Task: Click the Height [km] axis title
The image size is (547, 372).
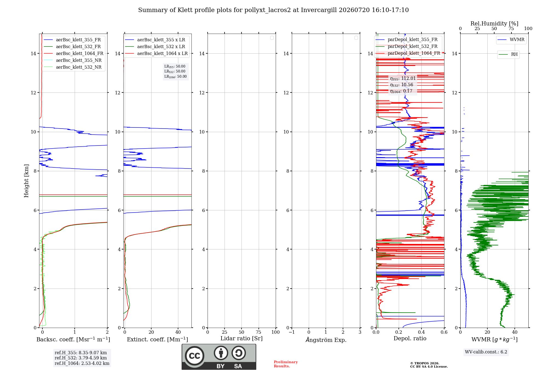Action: tap(26, 181)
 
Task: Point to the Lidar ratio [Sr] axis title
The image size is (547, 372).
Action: tap(242, 338)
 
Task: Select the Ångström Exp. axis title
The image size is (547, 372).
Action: tap(326, 340)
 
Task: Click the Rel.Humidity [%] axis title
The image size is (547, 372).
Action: tap(494, 24)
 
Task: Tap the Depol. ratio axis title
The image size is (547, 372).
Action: tap(410, 338)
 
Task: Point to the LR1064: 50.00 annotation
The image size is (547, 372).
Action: tap(175, 77)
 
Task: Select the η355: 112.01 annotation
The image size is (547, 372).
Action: tap(403, 79)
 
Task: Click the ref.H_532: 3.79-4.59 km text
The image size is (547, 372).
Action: tap(81, 358)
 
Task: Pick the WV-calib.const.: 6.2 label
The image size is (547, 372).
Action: tap(486, 352)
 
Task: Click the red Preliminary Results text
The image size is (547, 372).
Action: tap(286, 364)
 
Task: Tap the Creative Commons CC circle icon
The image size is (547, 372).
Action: tap(194, 356)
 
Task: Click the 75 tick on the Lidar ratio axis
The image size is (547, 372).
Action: tap(258, 332)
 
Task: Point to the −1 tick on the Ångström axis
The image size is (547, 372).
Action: tap(292, 332)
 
